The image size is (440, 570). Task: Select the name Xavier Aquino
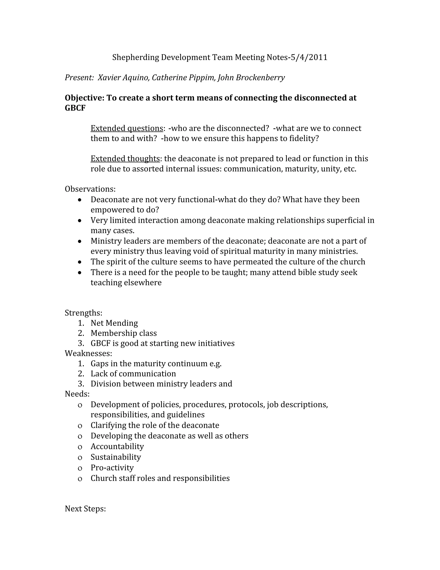[x=123, y=77]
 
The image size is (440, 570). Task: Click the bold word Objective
[x=84, y=98]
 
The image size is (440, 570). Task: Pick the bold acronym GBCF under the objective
[x=75, y=108]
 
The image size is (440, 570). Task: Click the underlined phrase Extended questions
[x=127, y=128]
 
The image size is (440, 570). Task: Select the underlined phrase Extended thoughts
[x=125, y=159]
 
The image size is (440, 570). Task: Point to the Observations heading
[x=90, y=189]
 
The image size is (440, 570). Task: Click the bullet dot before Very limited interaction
[x=80, y=220]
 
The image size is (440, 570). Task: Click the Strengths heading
[x=83, y=313]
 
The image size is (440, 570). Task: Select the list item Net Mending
[x=114, y=323]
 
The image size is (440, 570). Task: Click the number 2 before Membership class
[x=81, y=333]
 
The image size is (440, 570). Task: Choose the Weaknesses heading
[x=88, y=353]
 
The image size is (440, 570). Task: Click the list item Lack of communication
[x=133, y=374]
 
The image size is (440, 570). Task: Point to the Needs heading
[x=77, y=394]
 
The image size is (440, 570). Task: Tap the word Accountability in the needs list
[x=117, y=447]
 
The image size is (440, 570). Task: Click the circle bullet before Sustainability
[x=80, y=458]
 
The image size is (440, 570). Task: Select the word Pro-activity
[x=112, y=468]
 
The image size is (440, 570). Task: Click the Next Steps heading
[x=85, y=509]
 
